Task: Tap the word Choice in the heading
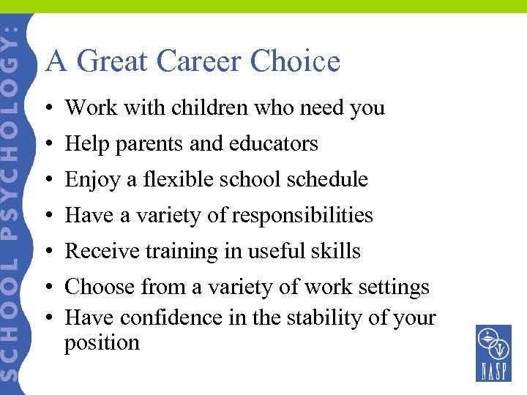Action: coord(295,61)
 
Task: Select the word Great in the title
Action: coord(110,61)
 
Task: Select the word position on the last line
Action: coord(102,343)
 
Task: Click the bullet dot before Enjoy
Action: coord(46,180)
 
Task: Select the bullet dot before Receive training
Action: coord(46,252)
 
